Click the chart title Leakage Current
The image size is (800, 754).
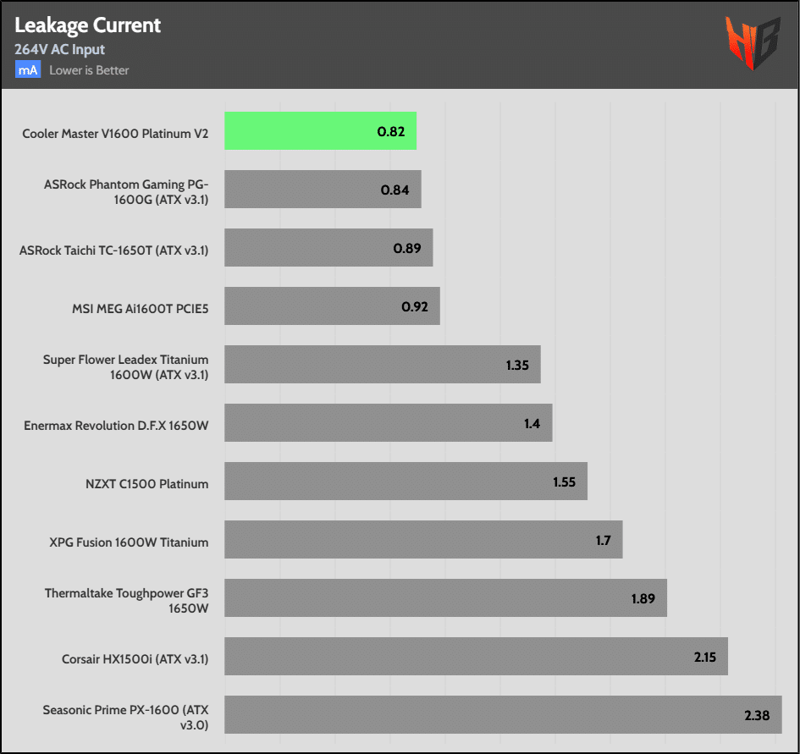click(88, 25)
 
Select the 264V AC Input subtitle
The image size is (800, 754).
click(59, 50)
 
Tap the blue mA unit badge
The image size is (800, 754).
click(28, 70)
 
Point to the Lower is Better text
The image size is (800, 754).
click(89, 70)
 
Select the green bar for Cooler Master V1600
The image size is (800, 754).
click(320, 131)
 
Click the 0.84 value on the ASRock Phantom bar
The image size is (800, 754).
click(394, 190)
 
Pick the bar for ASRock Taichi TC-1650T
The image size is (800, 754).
click(328, 248)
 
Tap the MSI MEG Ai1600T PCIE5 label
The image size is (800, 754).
click(140, 309)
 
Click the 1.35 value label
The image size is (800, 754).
click(517, 366)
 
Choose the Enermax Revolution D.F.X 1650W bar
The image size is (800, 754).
click(388, 423)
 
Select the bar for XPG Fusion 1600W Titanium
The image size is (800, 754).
click(423, 540)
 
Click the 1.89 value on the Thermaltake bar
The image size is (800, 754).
click(643, 598)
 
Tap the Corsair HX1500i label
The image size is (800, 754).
click(135, 658)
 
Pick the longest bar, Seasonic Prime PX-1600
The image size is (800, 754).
click(503, 715)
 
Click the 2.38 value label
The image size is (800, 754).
click(757, 715)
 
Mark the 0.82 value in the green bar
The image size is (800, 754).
click(390, 131)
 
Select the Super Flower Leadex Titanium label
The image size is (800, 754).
click(125, 367)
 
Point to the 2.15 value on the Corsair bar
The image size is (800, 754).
click(704, 657)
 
